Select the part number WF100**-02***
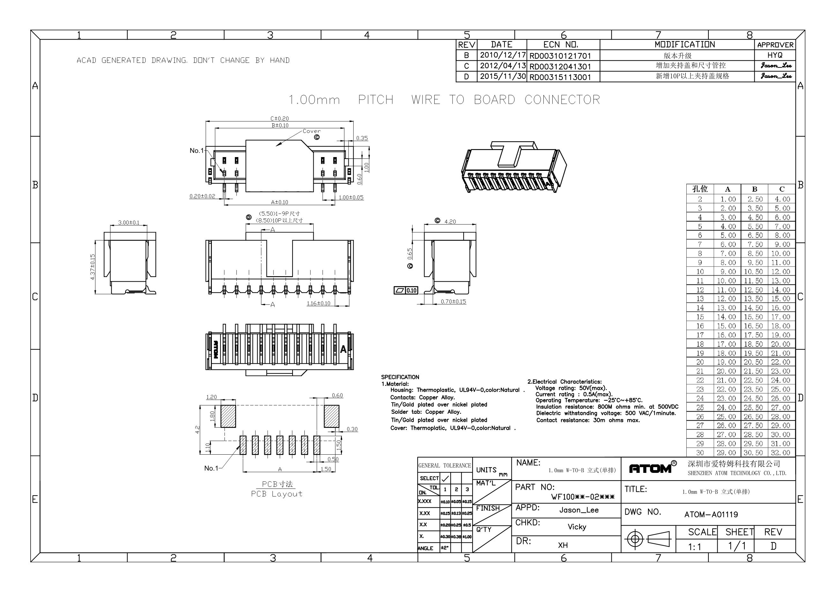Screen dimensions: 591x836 pos(583,497)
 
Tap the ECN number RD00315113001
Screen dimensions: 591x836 pos(560,77)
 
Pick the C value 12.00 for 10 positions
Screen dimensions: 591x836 pos(781,271)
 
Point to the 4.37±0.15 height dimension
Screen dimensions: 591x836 pos(93,267)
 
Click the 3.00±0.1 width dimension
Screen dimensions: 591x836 pos(129,223)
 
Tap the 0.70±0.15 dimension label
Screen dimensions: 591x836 pos(453,302)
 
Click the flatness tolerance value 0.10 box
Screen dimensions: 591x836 pos(411,291)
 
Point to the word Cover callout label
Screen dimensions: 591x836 pos(312,131)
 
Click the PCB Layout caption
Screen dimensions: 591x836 pos(276,494)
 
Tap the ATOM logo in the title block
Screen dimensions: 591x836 pos(650,469)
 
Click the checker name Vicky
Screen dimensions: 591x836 pos(577,527)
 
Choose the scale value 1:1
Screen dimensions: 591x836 pos(694,547)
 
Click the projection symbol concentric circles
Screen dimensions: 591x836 pos(635,539)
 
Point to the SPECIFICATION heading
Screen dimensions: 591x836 pos(400,377)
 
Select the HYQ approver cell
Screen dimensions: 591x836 pos(774,55)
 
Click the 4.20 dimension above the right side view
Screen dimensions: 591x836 pos(450,222)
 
